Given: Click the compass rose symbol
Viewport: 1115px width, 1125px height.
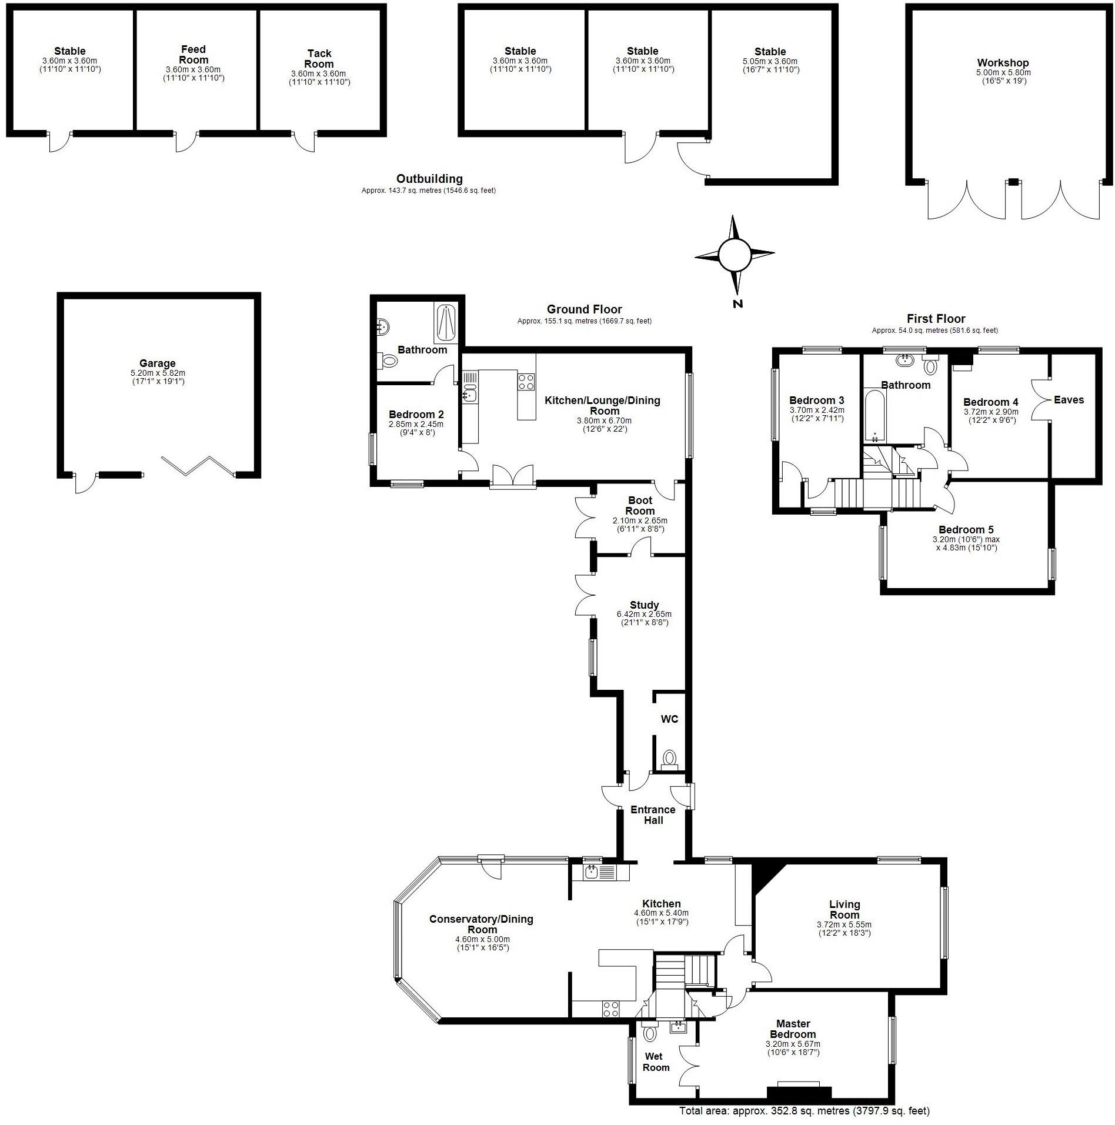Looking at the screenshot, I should pyautogui.click(x=735, y=255).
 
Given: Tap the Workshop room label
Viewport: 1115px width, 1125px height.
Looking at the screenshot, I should pyautogui.click(x=1003, y=63).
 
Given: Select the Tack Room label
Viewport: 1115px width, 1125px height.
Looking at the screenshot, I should pyautogui.click(x=319, y=59).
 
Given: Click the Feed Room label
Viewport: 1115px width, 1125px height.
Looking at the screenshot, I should pyautogui.click(x=193, y=55).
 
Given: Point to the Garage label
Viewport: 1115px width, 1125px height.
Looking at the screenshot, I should pyautogui.click(x=158, y=363).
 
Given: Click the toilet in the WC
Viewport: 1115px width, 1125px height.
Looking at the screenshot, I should pyautogui.click(x=669, y=758).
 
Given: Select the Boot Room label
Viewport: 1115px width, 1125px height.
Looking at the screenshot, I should pyautogui.click(x=640, y=506).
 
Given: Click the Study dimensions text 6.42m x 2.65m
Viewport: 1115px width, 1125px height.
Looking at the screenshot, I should pyautogui.click(x=644, y=614).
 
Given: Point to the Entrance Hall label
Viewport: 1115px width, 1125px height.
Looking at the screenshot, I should pyautogui.click(x=653, y=814).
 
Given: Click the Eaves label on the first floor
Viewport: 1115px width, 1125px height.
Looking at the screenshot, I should pyautogui.click(x=1069, y=400).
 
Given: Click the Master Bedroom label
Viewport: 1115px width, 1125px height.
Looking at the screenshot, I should pyautogui.click(x=793, y=1029).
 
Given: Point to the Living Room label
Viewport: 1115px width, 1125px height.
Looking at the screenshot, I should pyautogui.click(x=844, y=909).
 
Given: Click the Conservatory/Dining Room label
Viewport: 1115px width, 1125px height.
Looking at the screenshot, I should pyautogui.click(x=481, y=924).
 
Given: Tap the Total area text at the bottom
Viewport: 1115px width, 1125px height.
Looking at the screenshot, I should pyautogui.click(x=804, y=1111).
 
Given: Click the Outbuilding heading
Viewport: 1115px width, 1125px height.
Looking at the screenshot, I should pyautogui.click(x=429, y=179).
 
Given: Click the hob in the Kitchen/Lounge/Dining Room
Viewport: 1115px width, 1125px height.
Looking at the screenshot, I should pyautogui.click(x=526, y=382).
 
